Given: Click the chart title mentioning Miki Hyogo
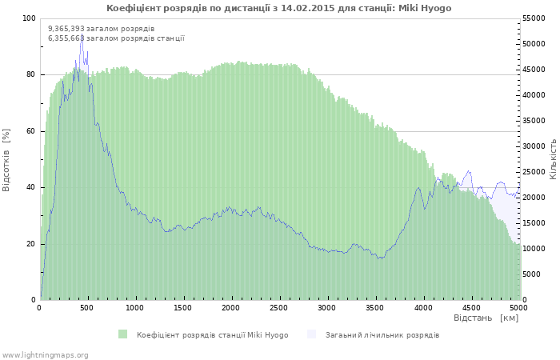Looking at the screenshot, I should pyautogui.click(x=278, y=8).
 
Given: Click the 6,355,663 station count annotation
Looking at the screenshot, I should pyautogui.click(x=116, y=38).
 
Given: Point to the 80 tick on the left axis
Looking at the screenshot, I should pyautogui.click(x=31, y=74).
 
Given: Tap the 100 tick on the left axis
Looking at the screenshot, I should pyautogui.click(x=29, y=18).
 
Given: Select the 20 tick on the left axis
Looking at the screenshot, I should pyautogui.click(x=31, y=244).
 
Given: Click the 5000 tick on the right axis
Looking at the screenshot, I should pyautogui.click(x=532, y=274).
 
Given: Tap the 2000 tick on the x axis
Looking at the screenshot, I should pyautogui.click(x=230, y=307).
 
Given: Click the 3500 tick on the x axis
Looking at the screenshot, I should pyautogui.click(x=374, y=307).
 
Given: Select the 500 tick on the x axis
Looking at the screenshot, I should pyautogui.click(x=87, y=307).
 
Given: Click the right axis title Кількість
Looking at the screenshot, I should pyautogui.click(x=553, y=158).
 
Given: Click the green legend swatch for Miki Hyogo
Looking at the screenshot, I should pyautogui.click(x=123, y=334).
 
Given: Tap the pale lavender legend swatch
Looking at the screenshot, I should pyautogui.click(x=312, y=334).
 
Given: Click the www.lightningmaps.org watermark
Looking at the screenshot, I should pyautogui.click(x=45, y=354).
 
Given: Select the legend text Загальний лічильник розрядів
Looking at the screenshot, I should pyautogui.click(x=382, y=334).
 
